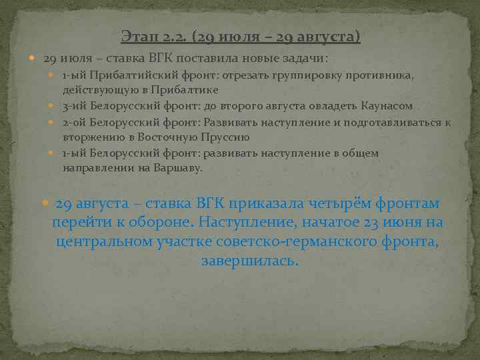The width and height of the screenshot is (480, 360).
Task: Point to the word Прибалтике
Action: pos(191,89)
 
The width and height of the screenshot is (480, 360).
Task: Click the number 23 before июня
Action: pos(377,222)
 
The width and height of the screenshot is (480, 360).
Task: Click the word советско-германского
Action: pos(261,241)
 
